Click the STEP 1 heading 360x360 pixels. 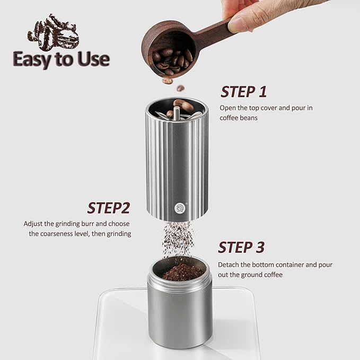coord(243,91)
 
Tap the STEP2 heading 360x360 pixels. coord(108,207)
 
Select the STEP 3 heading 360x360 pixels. coord(241,247)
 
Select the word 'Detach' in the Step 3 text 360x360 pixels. coord(230,264)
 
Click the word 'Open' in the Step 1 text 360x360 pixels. coord(229,108)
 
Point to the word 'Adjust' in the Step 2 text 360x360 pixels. coord(33,224)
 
